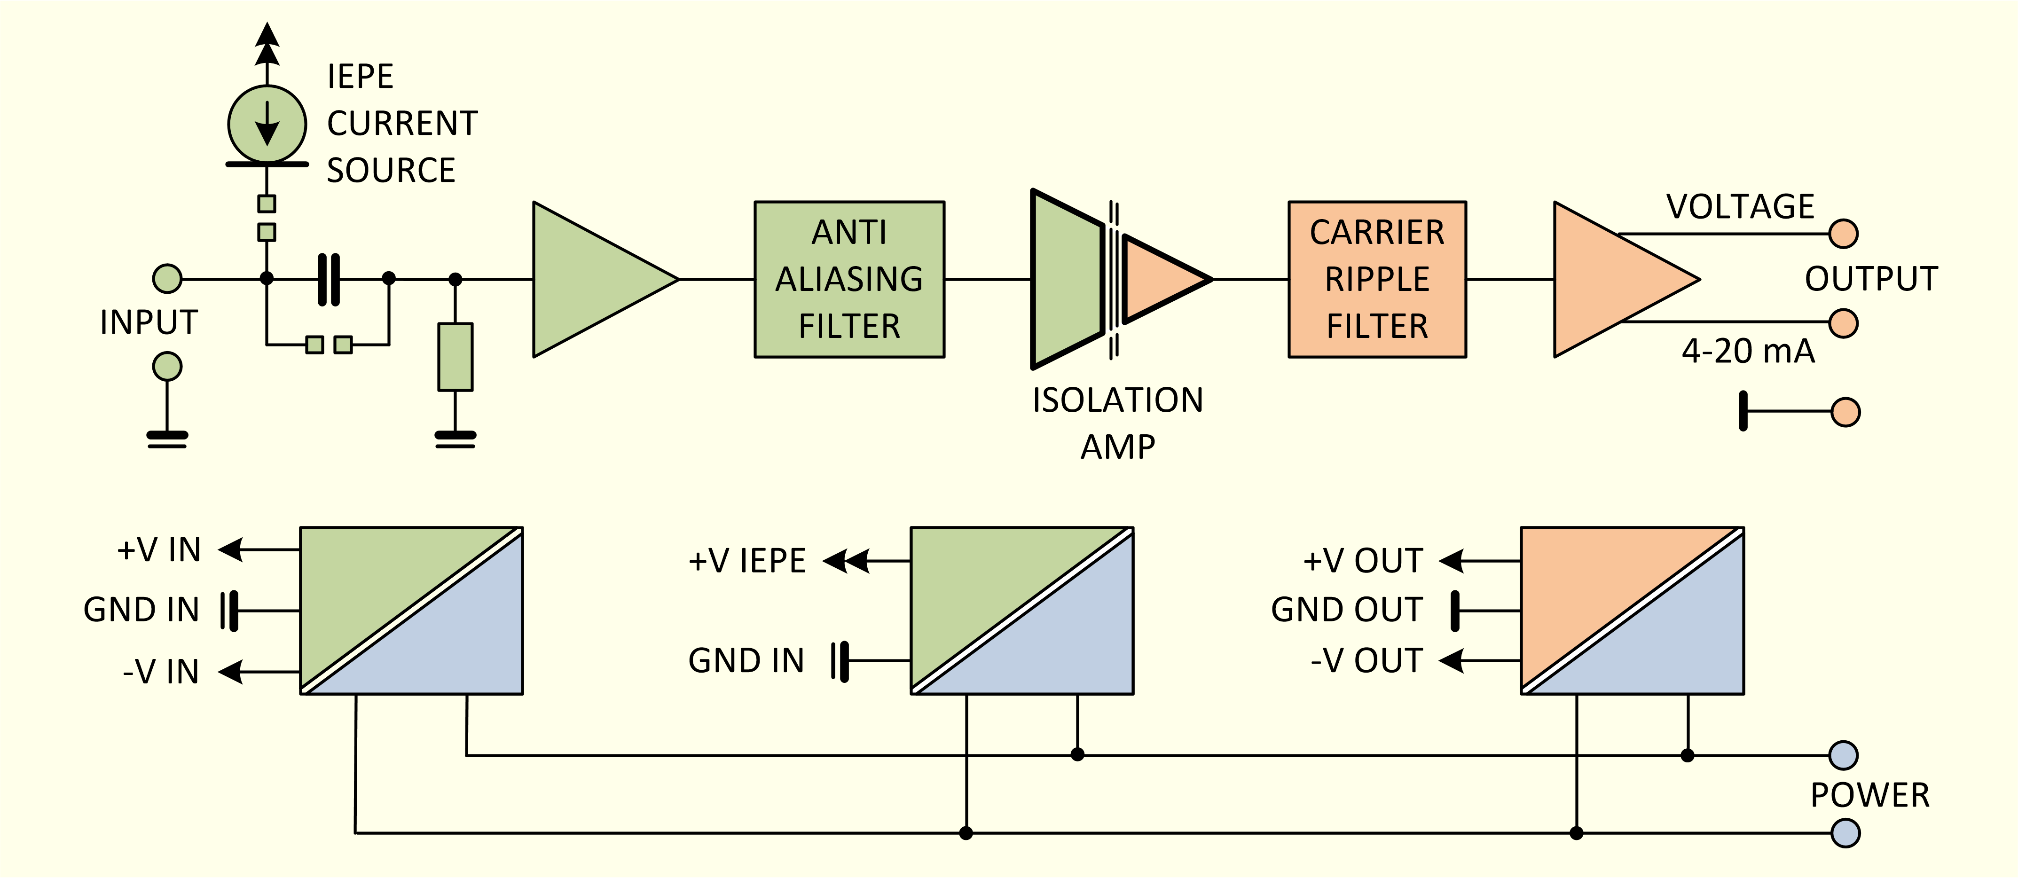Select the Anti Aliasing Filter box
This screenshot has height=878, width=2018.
click(849, 280)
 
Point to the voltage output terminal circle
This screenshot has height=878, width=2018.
click(1843, 234)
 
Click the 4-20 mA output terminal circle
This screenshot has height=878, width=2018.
click(1843, 323)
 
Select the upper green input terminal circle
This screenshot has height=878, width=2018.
click(167, 278)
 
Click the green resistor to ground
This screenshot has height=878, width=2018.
click(455, 356)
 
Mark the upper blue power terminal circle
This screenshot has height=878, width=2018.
click(1843, 755)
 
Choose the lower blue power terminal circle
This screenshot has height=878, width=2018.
click(1845, 832)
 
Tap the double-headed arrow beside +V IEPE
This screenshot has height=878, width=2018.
click(846, 561)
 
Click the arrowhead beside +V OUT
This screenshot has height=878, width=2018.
click(1452, 561)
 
